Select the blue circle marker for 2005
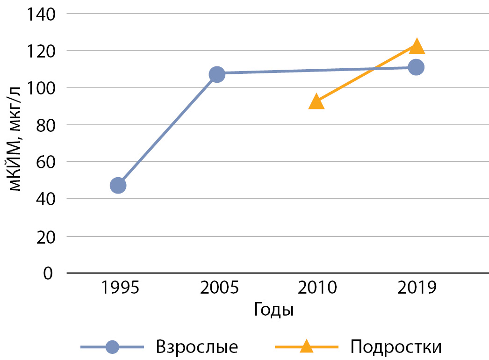point(217,74)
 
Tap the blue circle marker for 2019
point(416,67)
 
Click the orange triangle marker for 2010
point(316,101)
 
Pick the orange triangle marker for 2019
point(416,46)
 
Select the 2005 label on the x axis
point(217,287)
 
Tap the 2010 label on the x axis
point(316,287)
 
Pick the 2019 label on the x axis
point(416,287)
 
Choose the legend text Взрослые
point(198,347)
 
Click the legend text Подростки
point(396,347)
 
